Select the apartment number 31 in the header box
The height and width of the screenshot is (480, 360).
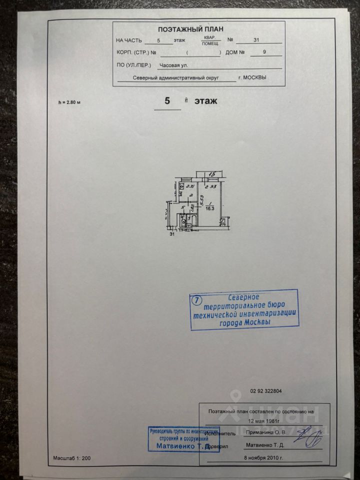click(x=256, y=40)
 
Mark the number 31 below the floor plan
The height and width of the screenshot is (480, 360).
click(x=172, y=234)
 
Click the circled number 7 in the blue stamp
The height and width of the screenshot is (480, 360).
click(x=197, y=300)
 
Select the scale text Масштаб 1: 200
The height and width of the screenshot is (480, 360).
click(x=72, y=458)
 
